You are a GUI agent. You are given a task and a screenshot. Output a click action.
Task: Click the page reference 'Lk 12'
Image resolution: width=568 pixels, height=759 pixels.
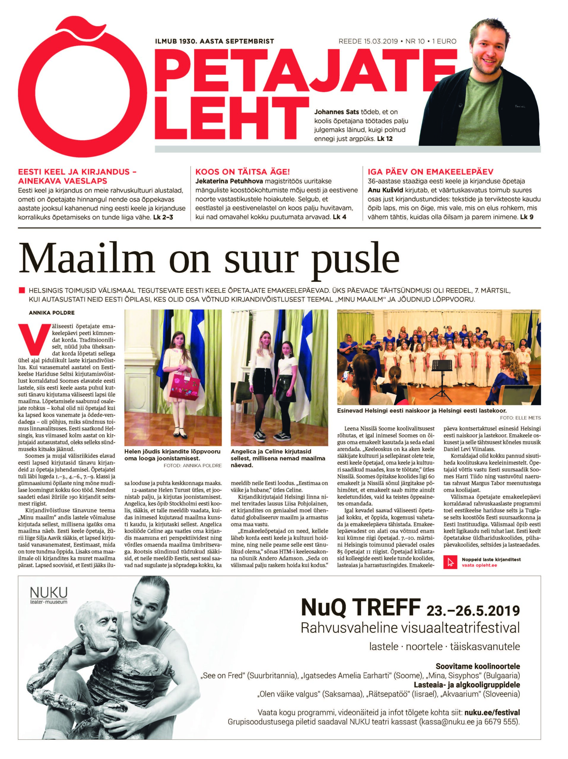click(385, 139)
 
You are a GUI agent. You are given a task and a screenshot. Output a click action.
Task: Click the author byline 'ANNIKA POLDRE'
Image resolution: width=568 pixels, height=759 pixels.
click(52, 312)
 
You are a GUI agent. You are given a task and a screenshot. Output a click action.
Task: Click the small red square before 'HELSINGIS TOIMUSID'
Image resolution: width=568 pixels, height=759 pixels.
click(22, 290)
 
